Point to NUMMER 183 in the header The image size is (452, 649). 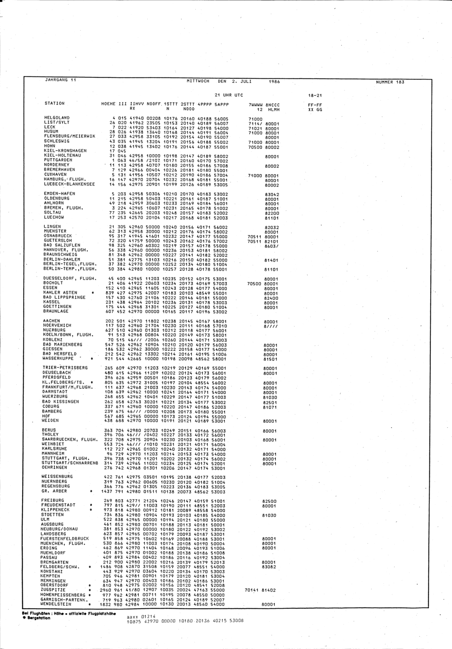coord(390,82)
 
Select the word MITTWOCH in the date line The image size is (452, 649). coord(198,81)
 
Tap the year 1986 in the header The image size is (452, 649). coord(274,82)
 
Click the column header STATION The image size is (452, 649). coord(54,103)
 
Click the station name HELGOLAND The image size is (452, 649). coord(56,118)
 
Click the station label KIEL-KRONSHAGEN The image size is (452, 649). coord(65,151)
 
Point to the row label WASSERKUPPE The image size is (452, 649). coord(59,358)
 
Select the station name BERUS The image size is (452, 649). coord(49,430)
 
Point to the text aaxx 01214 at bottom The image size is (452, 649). coord(141,616)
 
